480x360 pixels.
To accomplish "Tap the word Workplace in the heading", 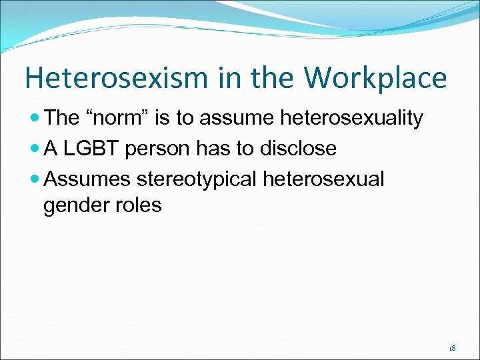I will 375,78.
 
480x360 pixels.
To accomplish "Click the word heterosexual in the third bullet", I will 324,178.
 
